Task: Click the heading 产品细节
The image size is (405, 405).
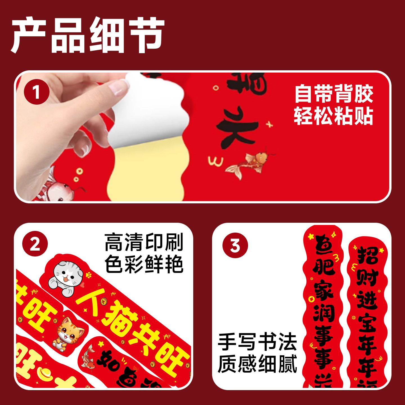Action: [x=88, y=35]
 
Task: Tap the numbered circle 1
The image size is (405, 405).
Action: [x=37, y=92]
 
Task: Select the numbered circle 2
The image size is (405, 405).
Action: [x=35, y=244]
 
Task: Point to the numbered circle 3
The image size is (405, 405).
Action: [x=235, y=246]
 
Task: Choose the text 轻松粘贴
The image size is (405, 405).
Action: [x=334, y=116]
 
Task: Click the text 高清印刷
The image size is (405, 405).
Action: [x=144, y=242]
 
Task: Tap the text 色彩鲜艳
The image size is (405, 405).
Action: [x=144, y=264]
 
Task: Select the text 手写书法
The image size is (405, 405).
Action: [x=257, y=342]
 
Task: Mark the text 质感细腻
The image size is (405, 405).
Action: [x=257, y=364]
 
